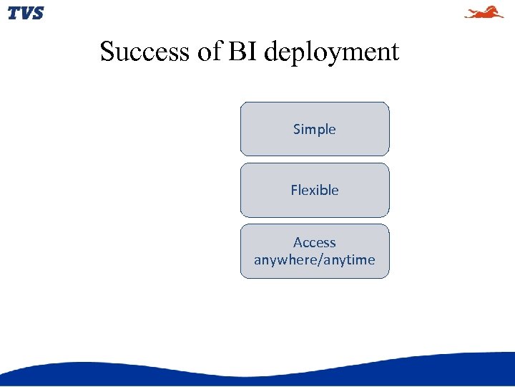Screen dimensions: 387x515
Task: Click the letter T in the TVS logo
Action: [14, 13]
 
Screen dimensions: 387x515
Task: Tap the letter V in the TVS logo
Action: [25, 13]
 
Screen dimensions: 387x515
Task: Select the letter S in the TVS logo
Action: [37, 13]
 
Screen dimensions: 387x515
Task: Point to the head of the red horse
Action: [499, 10]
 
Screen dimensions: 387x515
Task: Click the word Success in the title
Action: [145, 52]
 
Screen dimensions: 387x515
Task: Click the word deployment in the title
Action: [331, 53]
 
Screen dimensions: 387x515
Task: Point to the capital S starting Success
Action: [107, 52]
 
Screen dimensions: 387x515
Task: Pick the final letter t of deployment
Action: [395, 52]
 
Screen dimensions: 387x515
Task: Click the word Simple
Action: [314, 130]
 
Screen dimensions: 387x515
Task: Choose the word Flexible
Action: [314, 190]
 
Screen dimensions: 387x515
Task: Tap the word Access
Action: [314, 243]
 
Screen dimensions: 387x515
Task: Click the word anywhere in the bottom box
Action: [285, 260]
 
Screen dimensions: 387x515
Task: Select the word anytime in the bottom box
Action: [348, 260]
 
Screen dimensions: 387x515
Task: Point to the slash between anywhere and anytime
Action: [318, 260]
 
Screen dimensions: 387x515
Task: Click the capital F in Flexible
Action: [294, 190]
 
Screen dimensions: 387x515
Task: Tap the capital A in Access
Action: [298, 243]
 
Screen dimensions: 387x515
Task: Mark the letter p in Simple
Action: [320, 131]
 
